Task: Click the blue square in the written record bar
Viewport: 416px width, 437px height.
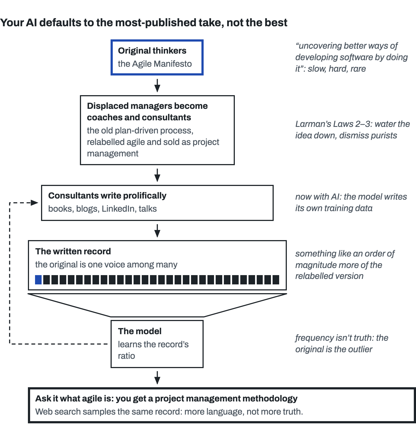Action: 38,280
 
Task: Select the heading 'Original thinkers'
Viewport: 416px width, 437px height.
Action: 152,51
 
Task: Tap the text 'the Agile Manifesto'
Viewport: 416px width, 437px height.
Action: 155,64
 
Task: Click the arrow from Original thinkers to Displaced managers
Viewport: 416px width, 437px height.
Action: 157,86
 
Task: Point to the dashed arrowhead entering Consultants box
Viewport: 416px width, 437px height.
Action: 34,203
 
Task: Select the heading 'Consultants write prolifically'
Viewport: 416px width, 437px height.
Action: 107,196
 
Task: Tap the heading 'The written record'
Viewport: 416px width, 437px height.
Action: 73,251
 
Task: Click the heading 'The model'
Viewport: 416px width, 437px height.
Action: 140,331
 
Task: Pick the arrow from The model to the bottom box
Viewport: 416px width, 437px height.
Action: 157,378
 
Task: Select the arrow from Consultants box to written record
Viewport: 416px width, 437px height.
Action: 157,231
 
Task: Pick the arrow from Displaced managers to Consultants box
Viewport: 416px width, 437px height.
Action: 157,175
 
